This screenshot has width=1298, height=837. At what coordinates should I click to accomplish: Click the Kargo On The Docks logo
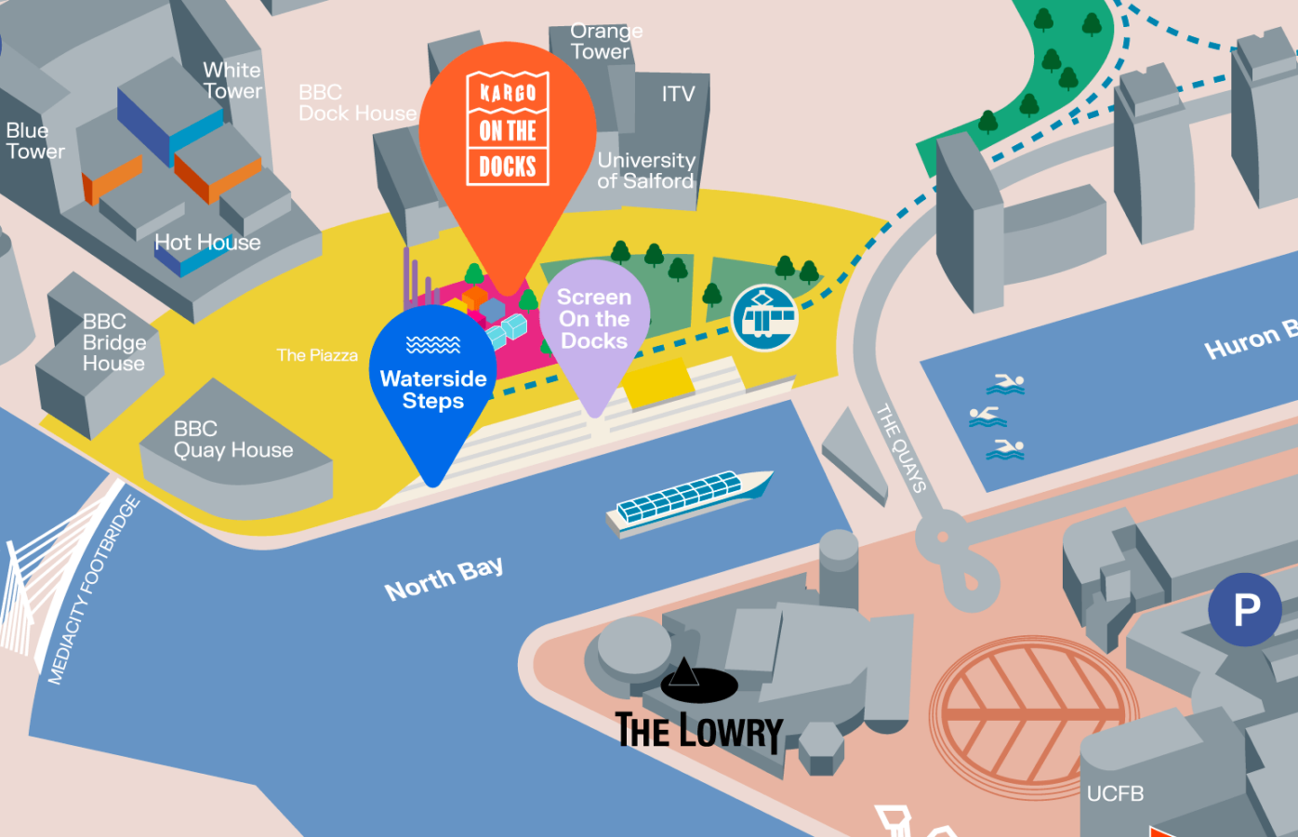(x=508, y=128)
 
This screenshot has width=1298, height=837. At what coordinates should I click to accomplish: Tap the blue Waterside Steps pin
(x=433, y=382)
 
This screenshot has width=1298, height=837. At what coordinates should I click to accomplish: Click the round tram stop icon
(x=764, y=318)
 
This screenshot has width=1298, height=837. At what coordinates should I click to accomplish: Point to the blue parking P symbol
(x=1245, y=610)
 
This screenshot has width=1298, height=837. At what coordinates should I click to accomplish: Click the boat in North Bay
(x=688, y=502)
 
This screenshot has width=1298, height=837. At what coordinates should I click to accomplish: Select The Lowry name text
(x=699, y=731)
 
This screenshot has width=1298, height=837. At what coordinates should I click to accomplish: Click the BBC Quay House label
(x=233, y=440)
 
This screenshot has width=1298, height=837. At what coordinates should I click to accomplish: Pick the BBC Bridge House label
(x=113, y=342)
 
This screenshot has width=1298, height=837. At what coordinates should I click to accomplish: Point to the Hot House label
(x=207, y=243)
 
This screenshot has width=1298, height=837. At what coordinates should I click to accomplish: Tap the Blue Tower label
(x=35, y=141)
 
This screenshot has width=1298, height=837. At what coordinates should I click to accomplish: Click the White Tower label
(x=232, y=81)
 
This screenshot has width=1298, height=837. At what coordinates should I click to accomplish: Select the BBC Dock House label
(x=357, y=103)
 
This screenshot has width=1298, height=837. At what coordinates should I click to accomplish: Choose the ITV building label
(x=678, y=94)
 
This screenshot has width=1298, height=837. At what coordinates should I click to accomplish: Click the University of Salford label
(x=645, y=171)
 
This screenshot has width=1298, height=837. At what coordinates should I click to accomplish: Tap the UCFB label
(x=1115, y=793)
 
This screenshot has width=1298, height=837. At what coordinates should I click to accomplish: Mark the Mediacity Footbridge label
(x=94, y=591)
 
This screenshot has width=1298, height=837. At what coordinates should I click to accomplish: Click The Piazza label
(x=317, y=355)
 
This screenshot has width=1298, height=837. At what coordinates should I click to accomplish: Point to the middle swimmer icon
(x=987, y=417)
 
